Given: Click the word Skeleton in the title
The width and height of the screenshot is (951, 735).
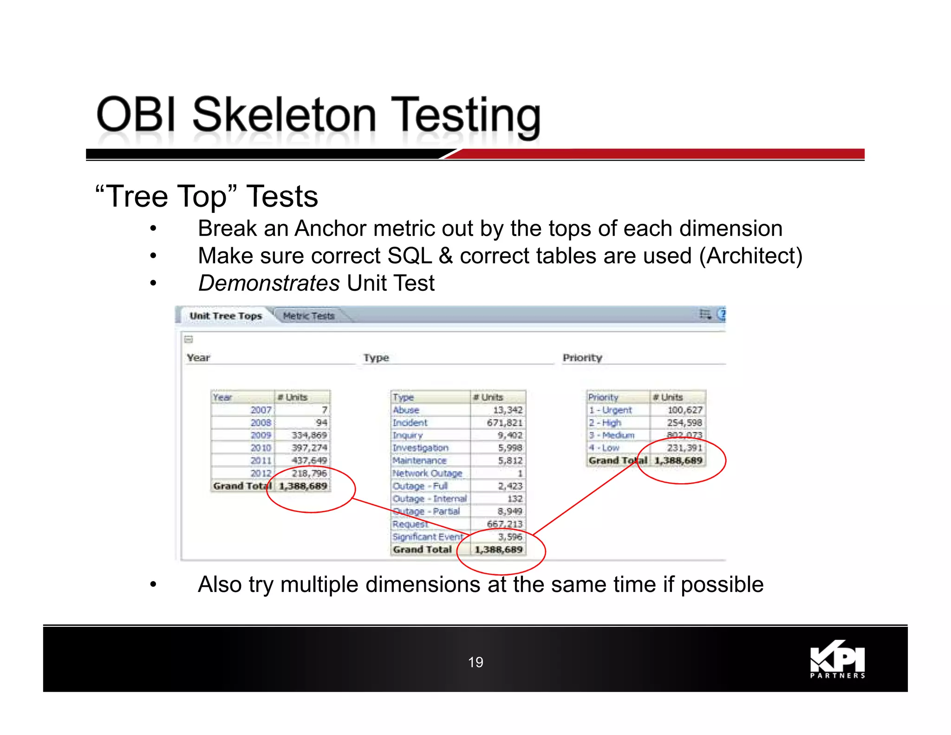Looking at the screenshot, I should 284,115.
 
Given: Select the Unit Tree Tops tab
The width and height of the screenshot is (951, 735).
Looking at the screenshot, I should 226,316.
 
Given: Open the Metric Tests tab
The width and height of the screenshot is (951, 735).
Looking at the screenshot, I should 308,316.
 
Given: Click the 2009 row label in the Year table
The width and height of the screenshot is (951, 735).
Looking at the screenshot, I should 261,435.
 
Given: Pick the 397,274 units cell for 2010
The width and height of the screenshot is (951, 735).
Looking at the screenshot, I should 309,448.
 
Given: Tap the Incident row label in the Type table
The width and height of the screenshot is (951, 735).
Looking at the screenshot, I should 410,423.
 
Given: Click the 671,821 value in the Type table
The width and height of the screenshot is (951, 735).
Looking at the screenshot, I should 504,423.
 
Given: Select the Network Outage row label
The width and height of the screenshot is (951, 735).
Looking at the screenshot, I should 427,473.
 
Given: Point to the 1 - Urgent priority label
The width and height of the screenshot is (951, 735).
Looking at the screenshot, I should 610,410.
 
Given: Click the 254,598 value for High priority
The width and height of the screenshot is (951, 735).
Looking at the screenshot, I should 684,423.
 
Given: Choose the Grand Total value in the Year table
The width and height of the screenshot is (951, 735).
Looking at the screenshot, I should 303,486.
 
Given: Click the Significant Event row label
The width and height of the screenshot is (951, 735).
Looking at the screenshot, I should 428,537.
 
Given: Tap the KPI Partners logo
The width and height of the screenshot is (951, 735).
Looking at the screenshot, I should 837,660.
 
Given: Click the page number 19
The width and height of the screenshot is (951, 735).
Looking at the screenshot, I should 475,662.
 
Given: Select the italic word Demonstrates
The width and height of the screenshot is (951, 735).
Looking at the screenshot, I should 269,283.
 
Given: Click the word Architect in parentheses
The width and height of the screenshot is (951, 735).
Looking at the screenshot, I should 751,256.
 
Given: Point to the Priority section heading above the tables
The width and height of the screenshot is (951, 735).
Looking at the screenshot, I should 582,358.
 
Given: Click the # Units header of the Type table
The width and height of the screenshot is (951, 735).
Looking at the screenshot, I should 488,397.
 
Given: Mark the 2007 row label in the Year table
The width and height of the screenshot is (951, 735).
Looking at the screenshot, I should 261,410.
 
